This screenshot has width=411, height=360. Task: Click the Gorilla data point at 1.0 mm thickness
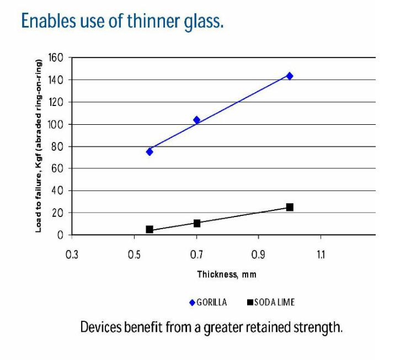pos(290,76)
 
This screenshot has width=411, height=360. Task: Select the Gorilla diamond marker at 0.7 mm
pos(196,120)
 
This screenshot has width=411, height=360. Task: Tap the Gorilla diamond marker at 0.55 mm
pos(150,151)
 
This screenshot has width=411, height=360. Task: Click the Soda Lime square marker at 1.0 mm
pos(290,207)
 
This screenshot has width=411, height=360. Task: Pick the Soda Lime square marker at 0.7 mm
pos(196,223)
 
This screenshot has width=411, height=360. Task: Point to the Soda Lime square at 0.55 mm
pos(150,229)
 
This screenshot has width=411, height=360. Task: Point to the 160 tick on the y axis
pos(57,58)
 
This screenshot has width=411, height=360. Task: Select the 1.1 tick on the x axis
pos(321,255)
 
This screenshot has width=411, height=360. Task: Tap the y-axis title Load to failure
pos(39,146)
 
